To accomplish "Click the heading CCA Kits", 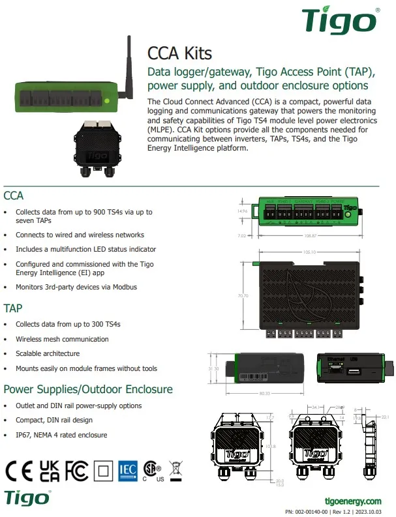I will pos(179,53).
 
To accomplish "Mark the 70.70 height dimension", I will pos(243,295).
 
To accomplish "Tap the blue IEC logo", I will pos(128,470).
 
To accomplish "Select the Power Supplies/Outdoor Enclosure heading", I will pos(88,389).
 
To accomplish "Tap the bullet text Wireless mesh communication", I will pos(62,339).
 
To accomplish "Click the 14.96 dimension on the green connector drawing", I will pos(242,211).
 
